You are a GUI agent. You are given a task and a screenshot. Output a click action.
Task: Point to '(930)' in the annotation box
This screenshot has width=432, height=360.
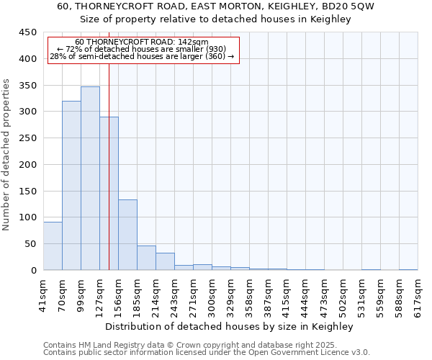pyautogui.click(x=214, y=49)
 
